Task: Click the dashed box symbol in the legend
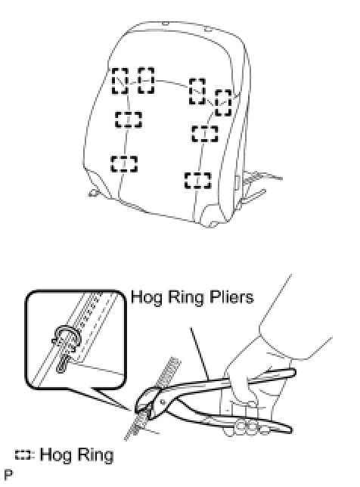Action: point(23,455)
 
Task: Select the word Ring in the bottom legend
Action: point(95,454)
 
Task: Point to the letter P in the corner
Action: point(8,475)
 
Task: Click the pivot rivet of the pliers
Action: point(163,402)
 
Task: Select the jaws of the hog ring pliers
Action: point(146,402)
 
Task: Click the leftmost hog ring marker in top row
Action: point(120,81)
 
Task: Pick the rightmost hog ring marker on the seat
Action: point(224,103)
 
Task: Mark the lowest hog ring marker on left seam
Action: point(124,164)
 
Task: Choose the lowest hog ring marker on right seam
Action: point(198,181)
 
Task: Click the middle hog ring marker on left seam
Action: point(129,119)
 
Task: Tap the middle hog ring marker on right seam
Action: point(205,134)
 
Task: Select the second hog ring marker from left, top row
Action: point(146,80)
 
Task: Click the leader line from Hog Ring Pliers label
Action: point(200,353)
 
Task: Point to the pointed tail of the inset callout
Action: point(130,411)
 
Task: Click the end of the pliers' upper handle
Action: point(293,372)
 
